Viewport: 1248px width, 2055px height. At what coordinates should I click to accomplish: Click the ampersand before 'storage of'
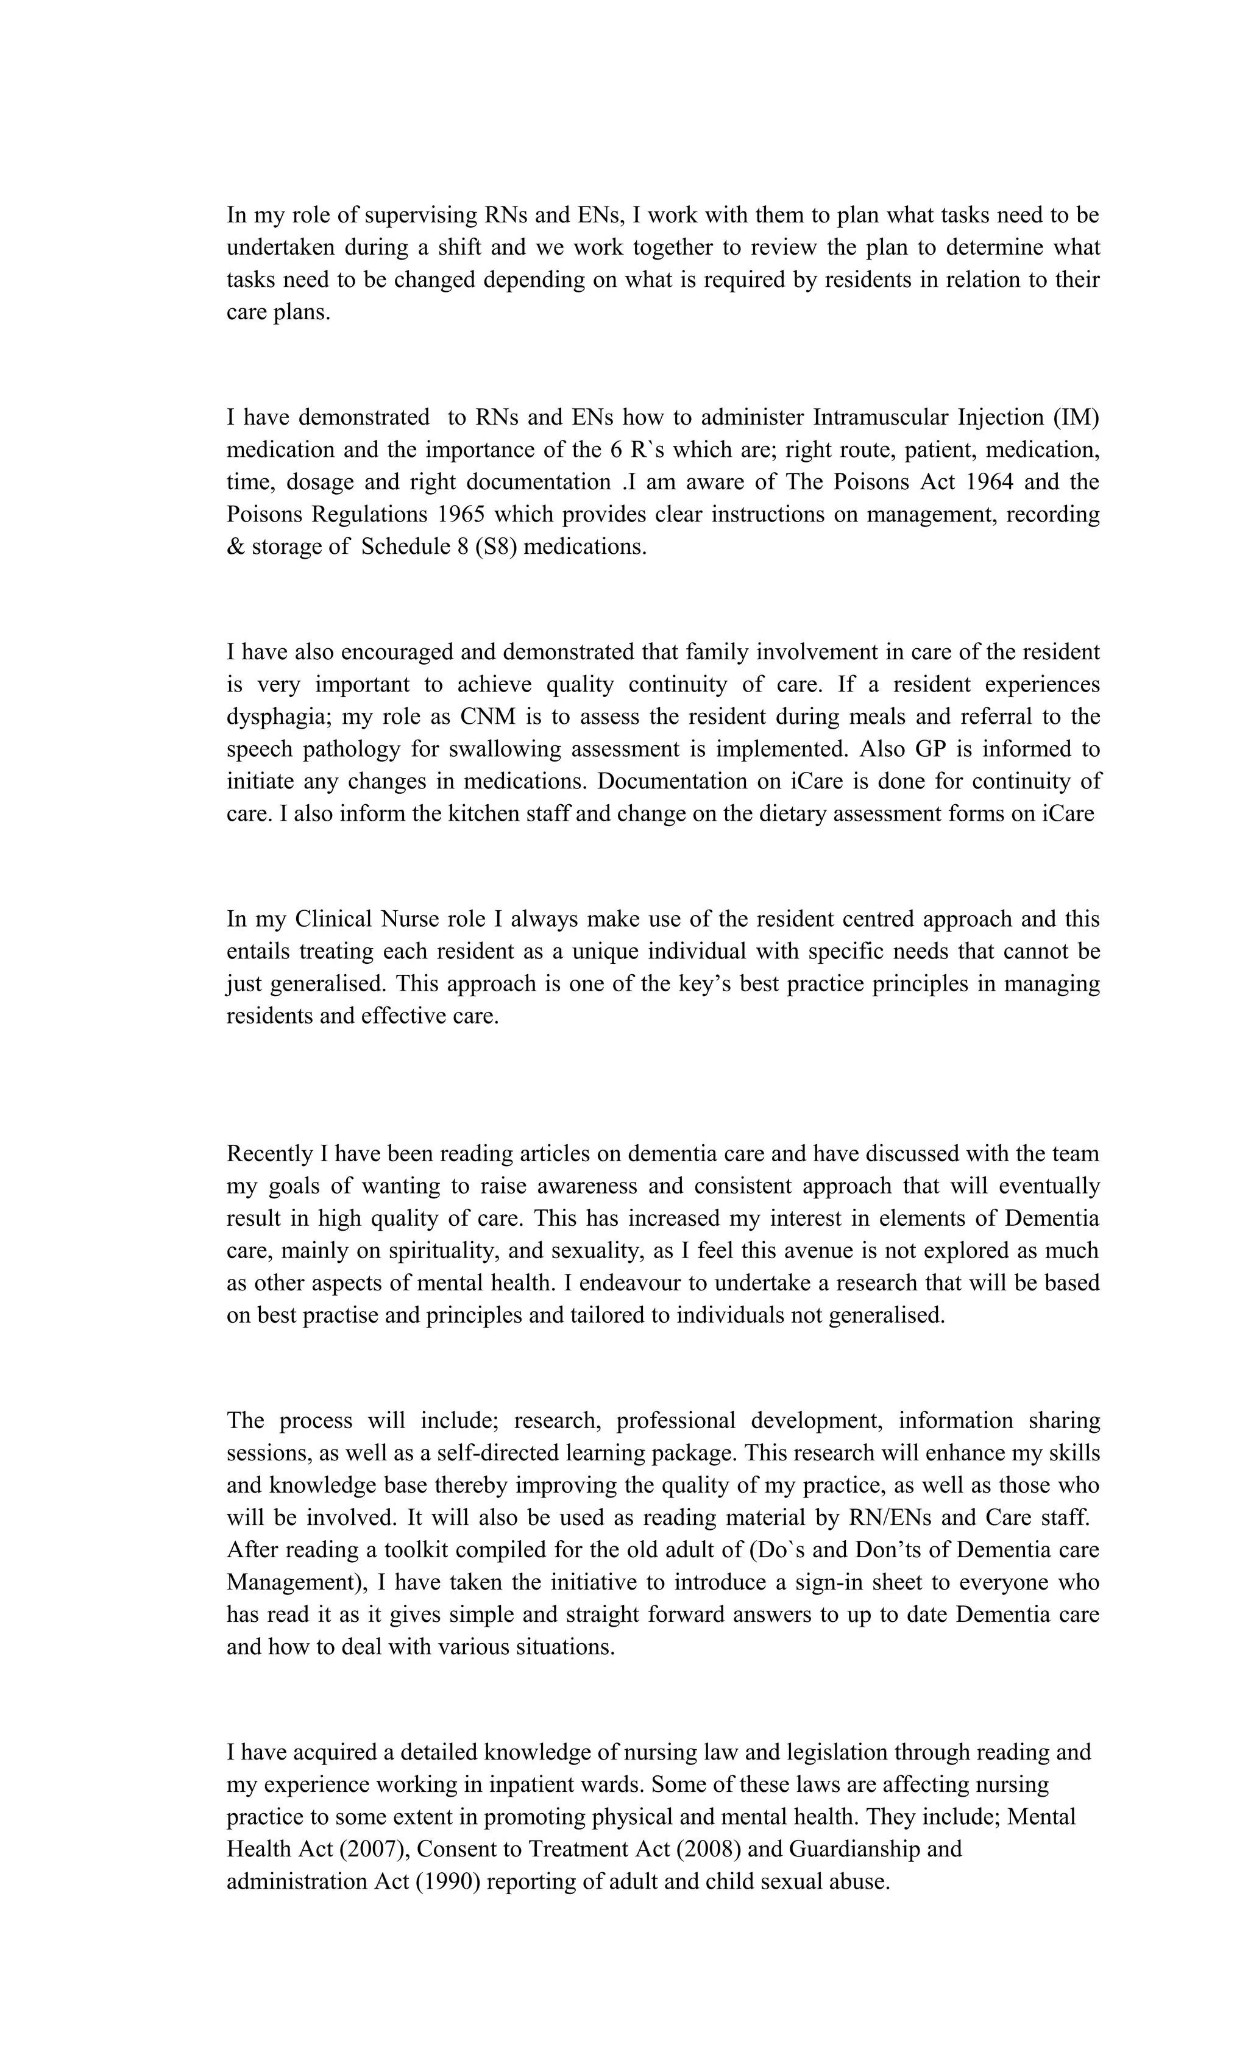point(233,547)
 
